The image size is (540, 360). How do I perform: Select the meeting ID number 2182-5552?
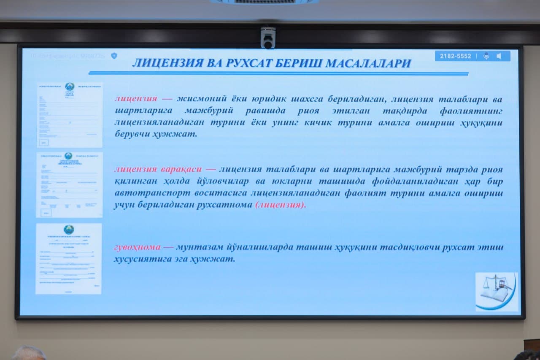(455, 56)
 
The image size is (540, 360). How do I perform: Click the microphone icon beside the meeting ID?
(486, 56)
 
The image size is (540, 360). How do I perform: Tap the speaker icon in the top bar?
(499, 56)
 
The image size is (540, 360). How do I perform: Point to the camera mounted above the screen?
(268, 38)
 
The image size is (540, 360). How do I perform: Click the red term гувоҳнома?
(137, 247)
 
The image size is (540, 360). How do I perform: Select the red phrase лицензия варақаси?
(159, 170)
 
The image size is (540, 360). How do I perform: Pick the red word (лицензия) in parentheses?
(281, 205)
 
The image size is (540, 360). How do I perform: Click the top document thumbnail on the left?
(70, 115)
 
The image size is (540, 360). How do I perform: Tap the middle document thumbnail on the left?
(69, 185)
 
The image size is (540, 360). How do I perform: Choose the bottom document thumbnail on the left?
(68, 258)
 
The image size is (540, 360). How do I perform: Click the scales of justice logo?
(497, 291)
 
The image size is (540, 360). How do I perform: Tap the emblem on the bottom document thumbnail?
(68, 230)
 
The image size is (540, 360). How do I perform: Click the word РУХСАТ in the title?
(250, 63)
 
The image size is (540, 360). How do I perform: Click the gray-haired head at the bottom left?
(28, 353)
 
